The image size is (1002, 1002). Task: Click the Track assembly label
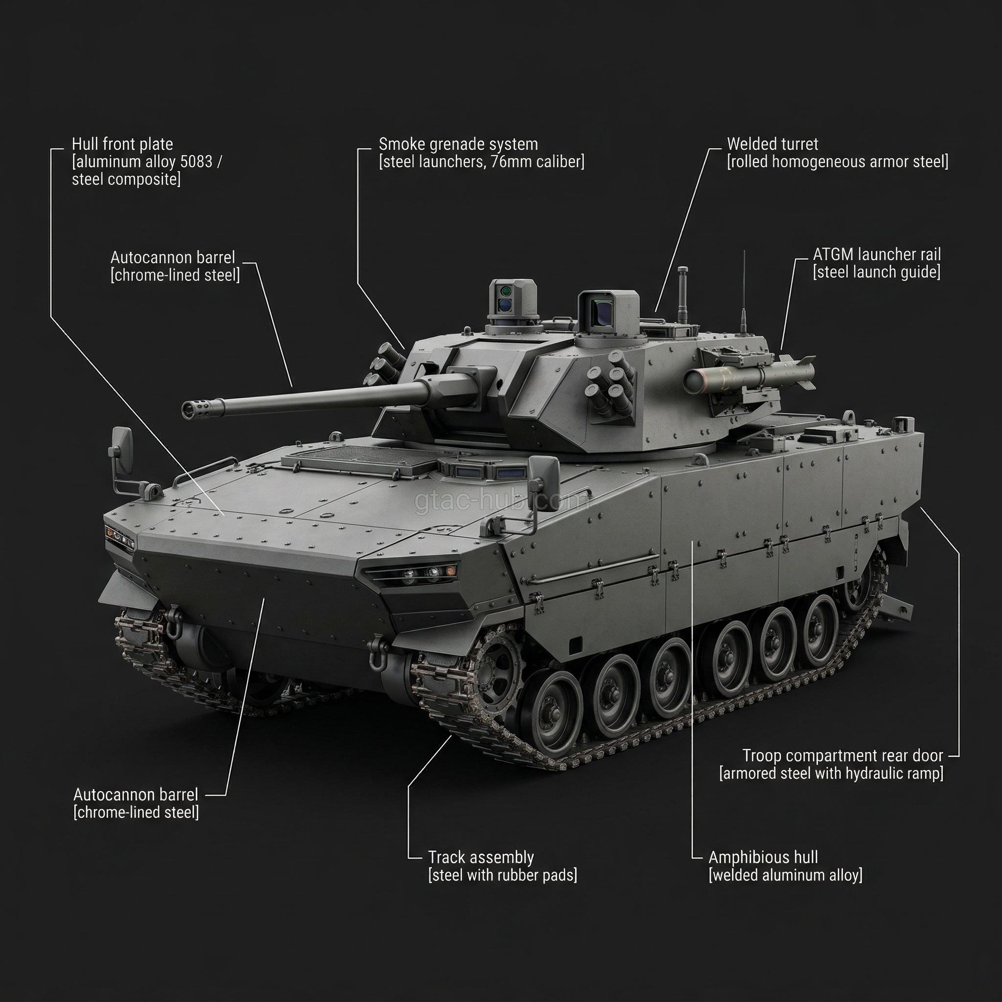481,857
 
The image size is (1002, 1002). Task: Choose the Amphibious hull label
763,857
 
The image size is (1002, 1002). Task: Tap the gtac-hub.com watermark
502,501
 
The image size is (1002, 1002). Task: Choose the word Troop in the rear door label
760,755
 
